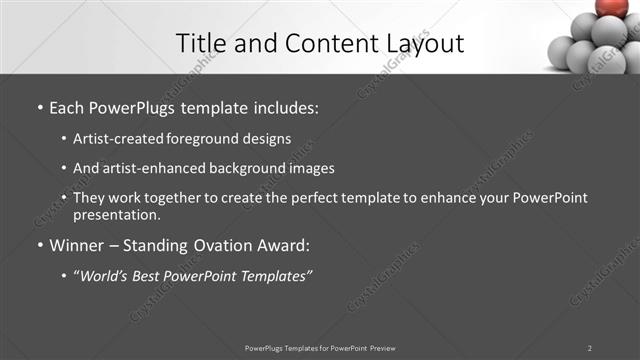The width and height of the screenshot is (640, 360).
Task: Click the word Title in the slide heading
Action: [x=198, y=43]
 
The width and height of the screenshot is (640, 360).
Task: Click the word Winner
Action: [x=76, y=244]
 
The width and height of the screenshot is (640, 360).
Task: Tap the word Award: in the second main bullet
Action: [x=286, y=244]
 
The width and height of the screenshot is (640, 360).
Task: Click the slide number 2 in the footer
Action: [x=590, y=348]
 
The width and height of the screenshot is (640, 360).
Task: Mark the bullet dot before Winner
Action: [x=39, y=245]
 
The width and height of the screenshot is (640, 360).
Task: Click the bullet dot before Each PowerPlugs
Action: [x=39, y=104]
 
